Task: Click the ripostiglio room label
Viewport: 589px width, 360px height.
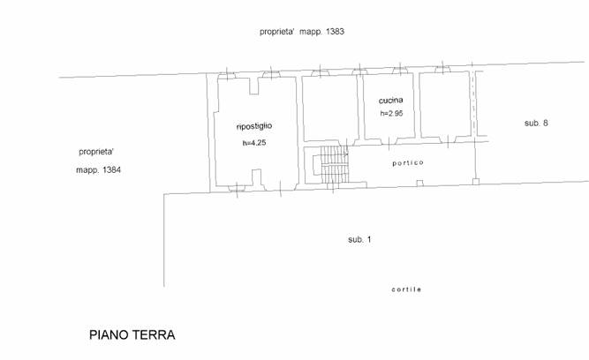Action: [254, 126]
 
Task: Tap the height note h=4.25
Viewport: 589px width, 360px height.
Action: [254, 143]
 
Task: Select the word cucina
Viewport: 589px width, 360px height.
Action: [390, 101]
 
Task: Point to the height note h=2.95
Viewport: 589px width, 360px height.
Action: [391, 113]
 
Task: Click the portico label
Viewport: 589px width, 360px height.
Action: [408, 163]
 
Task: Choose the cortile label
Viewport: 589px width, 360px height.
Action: [406, 289]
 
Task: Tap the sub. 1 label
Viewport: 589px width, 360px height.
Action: [359, 239]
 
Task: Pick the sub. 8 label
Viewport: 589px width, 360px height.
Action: [536, 123]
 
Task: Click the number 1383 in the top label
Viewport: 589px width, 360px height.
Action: [335, 32]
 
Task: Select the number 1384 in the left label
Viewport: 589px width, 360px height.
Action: [111, 170]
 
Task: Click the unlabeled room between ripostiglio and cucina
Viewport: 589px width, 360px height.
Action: [330, 107]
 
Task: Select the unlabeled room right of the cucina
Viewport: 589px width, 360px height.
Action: [446, 104]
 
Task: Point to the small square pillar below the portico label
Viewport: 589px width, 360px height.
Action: [419, 184]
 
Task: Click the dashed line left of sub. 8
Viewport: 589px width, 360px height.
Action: [473, 103]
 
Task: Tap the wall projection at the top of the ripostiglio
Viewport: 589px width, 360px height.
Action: [254, 86]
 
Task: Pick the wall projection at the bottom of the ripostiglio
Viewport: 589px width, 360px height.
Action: [256, 177]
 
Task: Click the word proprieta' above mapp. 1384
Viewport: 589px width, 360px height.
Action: [95, 152]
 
